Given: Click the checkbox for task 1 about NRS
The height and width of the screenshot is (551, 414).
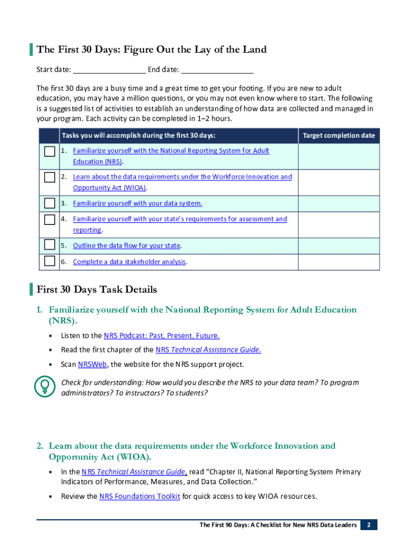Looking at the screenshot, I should (x=49, y=151).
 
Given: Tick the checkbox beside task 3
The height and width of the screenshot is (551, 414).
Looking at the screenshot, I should (x=49, y=203).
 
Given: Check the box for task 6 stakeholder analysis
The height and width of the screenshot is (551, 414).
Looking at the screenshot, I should (x=49, y=262).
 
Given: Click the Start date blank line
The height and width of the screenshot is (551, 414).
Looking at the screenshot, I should (x=109, y=69).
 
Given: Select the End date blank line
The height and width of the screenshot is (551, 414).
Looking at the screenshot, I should (x=217, y=69).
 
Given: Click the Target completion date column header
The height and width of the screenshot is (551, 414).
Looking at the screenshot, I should (x=339, y=136).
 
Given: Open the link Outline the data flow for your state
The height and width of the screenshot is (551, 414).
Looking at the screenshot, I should (x=126, y=246).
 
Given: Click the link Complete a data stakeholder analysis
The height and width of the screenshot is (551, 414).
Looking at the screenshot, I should (x=130, y=262).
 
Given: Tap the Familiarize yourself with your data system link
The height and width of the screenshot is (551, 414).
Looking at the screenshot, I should (x=138, y=203).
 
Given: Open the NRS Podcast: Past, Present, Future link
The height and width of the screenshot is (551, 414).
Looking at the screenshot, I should (x=161, y=336).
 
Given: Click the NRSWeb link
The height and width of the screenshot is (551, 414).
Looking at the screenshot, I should (x=92, y=364).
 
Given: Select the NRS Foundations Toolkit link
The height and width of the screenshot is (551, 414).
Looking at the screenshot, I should (x=140, y=497).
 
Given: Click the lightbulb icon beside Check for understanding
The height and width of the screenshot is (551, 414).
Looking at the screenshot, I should (x=45, y=386).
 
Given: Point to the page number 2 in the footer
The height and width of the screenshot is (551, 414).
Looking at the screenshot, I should (x=369, y=525).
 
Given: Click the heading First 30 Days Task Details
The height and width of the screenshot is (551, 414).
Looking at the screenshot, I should (x=97, y=289).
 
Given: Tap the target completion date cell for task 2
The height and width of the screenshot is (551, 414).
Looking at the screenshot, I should (x=339, y=182).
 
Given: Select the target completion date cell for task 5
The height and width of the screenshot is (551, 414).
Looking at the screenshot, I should (x=339, y=246).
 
